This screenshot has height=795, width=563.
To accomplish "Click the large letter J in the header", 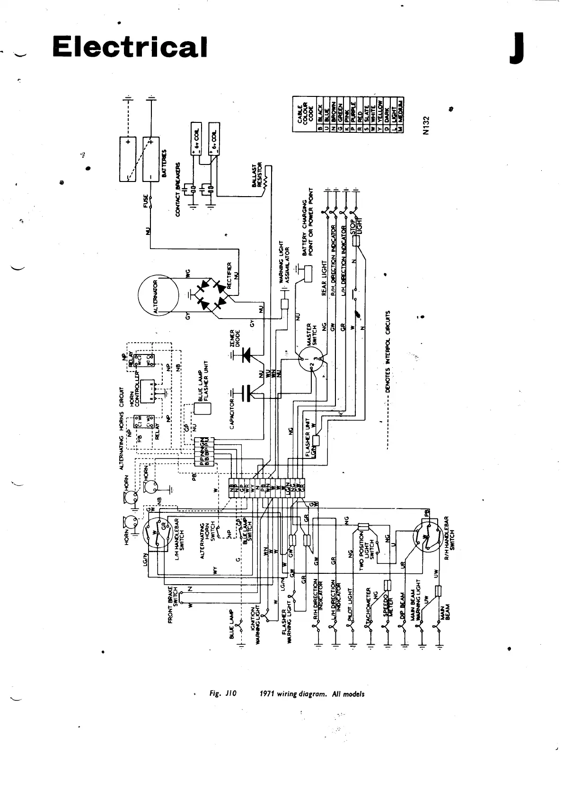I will coord(516,48).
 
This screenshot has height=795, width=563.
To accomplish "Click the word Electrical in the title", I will coord(130,47).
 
